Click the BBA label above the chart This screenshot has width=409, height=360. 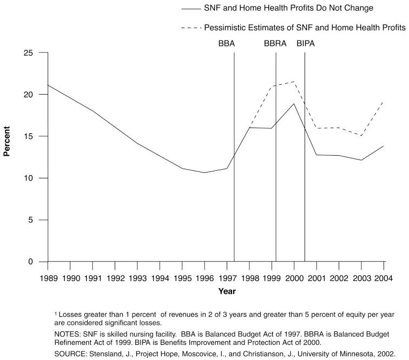[226, 43]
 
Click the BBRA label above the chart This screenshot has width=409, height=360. [275, 43]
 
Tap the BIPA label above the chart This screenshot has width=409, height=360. [305, 43]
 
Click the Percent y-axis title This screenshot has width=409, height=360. [7, 142]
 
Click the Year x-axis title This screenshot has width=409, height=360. [227, 291]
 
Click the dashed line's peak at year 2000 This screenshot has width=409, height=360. [294, 82]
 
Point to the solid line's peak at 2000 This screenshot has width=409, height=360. [294, 104]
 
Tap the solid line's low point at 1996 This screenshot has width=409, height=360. [204, 173]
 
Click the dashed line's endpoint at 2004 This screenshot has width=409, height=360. [384, 101]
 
